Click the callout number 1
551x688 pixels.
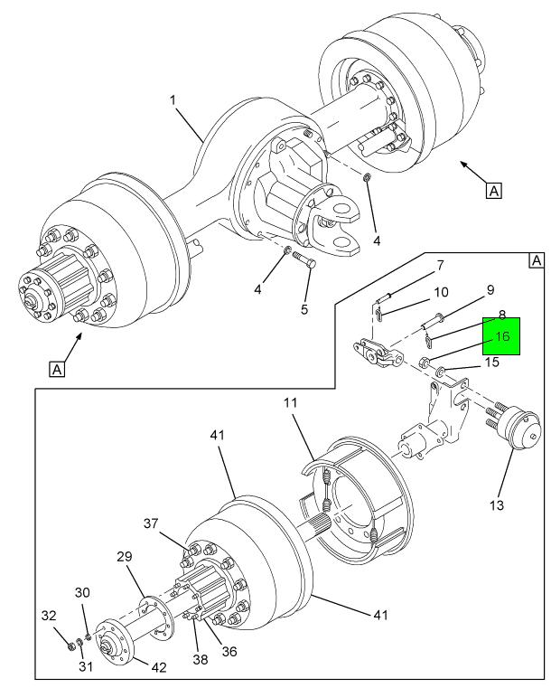click(x=173, y=100)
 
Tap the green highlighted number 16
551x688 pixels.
click(x=502, y=336)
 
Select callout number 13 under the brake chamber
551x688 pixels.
click(x=497, y=505)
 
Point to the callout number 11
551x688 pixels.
click(x=290, y=403)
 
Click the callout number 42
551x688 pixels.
click(x=159, y=667)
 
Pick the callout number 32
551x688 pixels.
click(x=49, y=616)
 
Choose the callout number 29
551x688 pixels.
click(x=125, y=556)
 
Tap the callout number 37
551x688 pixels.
click(x=151, y=523)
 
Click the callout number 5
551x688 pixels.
click(x=304, y=309)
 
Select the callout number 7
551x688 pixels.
click(x=440, y=265)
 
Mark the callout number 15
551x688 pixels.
click(x=491, y=362)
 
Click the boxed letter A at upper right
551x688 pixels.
click(x=493, y=191)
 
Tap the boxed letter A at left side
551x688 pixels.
click(x=57, y=369)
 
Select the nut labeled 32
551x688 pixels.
click(x=70, y=646)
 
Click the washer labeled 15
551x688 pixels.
click(x=440, y=372)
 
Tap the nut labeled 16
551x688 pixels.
click(x=425, y=363)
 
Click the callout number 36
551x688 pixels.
click(x=229, y=652)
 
